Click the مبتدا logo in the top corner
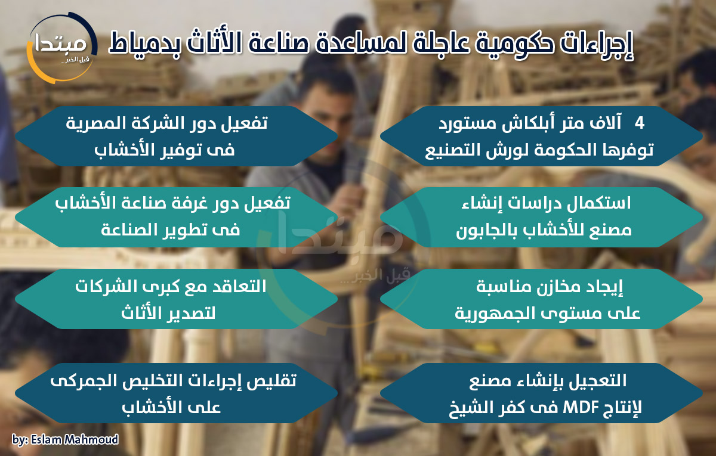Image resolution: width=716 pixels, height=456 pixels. pyautogui.click(x=61, y=47)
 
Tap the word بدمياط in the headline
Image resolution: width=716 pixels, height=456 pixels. pyautogui.click(x=144, y=44)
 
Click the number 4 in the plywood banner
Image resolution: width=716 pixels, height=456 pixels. pyautogui.click(x=639, y=122)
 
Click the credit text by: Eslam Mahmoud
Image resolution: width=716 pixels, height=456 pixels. pyautogui.click(x=65, y=440)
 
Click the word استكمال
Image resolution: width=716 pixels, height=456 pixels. pyautogui.click(x=598, y=203)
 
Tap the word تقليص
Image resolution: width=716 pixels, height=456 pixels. pyautogui.click(x=271, y=381)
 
